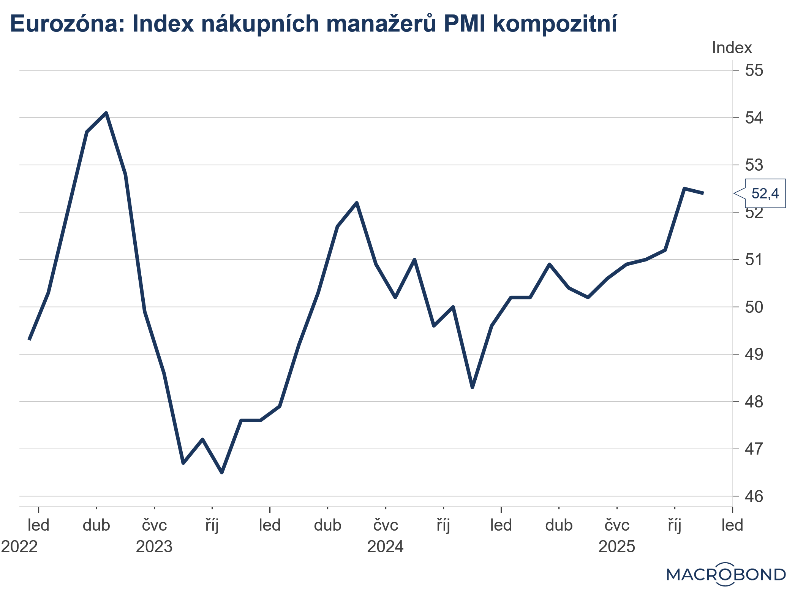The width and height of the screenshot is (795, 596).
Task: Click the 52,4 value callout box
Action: click(765, 193)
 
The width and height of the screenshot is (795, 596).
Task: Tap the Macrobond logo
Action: click(726, 574)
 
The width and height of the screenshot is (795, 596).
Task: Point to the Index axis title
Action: click(732, 48)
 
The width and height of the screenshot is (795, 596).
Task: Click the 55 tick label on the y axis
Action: click(754, 70)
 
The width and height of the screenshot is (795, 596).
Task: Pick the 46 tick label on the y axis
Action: click(754, 496)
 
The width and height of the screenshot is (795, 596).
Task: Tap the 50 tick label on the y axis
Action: click(754, 307)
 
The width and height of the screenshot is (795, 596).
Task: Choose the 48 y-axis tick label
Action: click(754, 402)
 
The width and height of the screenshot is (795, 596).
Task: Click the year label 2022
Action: click(19, 547)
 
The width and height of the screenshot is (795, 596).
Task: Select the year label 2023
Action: click(154, 547)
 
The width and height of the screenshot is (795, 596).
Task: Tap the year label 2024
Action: click(385, 547)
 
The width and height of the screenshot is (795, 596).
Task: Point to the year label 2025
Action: click(616, 547)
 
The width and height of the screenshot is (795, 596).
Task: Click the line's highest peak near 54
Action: click(106, 113)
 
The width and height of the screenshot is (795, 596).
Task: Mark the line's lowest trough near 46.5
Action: click(222, 472)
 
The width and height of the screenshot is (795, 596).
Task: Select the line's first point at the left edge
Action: click(30, 339)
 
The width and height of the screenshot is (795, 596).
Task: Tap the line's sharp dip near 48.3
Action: click(472, 387)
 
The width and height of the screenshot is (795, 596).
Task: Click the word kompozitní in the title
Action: click(555, 24)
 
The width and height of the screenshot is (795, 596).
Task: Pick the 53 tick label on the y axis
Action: click(754, 165)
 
